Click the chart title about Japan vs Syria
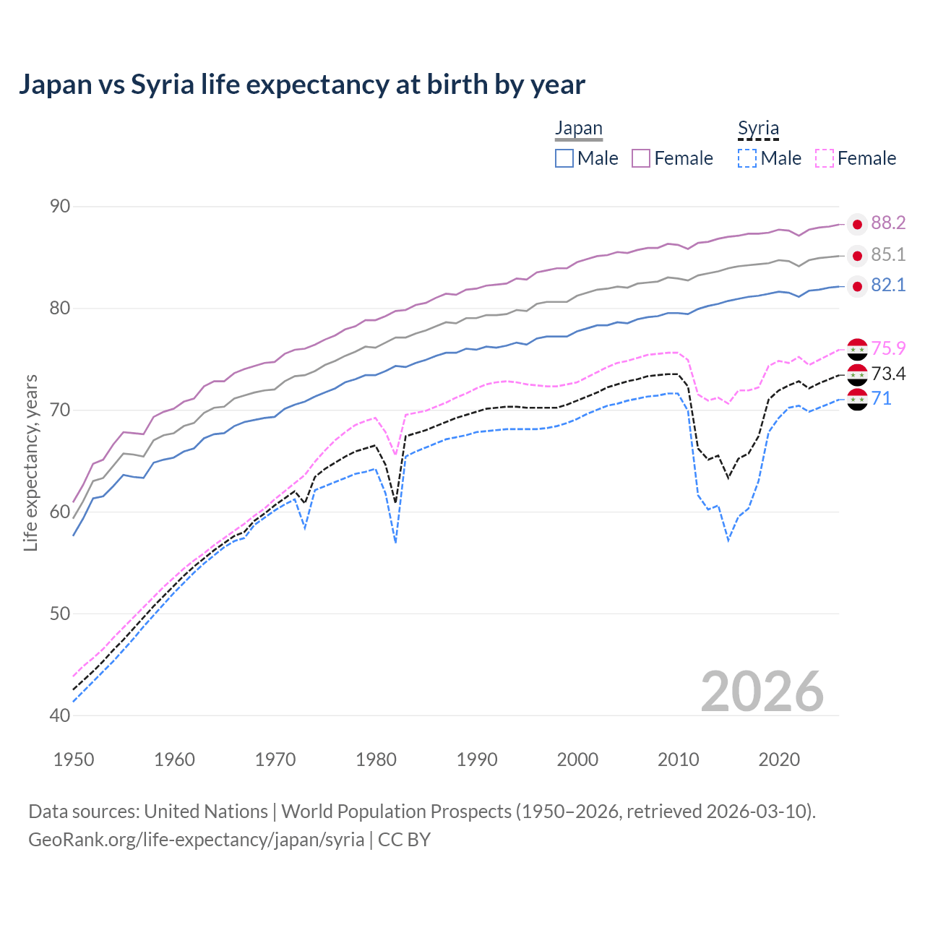(301, 85)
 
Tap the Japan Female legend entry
(672, 158)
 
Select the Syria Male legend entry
(770, 158)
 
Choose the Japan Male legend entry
(587, 158)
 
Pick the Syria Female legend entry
(856, 158)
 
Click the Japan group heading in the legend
(578, 129)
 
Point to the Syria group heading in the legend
(758, 129)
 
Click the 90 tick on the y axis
(60, 207)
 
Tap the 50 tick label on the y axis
(60, 614)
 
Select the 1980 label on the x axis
(376, 760)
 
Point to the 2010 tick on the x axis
(678, 760)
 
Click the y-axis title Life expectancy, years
(30, 462)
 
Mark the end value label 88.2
(888, 223)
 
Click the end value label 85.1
(888, 255)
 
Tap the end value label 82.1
(888, 285)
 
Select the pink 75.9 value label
(888, 348)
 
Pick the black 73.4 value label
(888, 374)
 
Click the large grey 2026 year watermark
(762, 692)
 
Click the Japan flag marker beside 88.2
(857, 225)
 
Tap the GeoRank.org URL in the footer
(196, 840)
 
